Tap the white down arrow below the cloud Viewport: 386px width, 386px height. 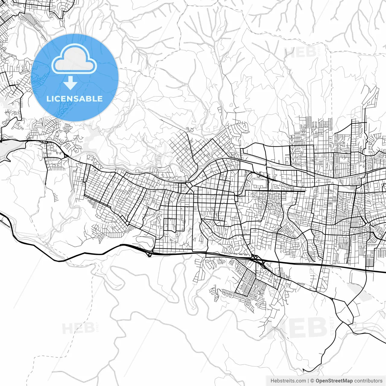(x=71, y=83)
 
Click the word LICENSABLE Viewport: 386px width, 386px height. (x=74, y=99)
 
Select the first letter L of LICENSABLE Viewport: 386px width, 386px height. (x=48, y=99)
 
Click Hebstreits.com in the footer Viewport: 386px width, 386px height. (x=288, y=381)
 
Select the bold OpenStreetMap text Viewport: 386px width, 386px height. (x=334, y=381)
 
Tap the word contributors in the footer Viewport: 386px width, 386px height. (x=368, y=381)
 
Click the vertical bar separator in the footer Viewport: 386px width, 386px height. (x=308, y=381)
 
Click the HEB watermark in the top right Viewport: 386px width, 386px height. (x=300, y=52)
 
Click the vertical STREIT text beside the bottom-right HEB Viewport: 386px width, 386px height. (x=332, y=326)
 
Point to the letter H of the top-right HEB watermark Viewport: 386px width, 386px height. (x=289, y=52)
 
